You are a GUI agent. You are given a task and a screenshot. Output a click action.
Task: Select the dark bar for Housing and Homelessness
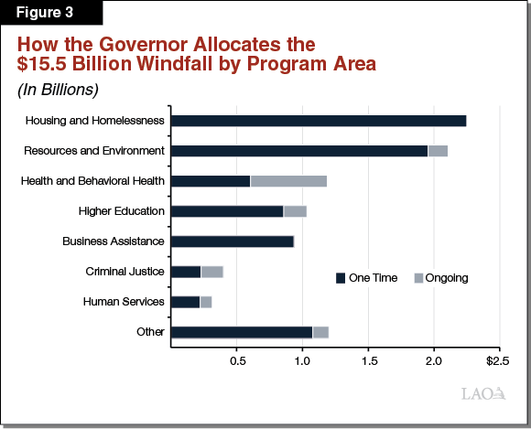point(318,121)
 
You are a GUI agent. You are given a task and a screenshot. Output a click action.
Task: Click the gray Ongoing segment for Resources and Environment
point(438,151)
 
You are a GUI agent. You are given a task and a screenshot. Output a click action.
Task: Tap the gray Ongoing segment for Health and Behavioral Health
point(288,181)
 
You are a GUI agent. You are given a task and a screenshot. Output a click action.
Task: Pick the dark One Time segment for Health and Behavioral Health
point(211,181)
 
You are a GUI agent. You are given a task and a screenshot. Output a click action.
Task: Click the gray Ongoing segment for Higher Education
point(295,211)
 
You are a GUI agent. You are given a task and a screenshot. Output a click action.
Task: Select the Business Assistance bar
point(233,241)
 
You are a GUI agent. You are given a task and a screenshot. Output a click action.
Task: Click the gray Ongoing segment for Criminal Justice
point(211,272)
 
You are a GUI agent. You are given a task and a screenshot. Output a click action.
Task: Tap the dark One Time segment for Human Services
point(185,302)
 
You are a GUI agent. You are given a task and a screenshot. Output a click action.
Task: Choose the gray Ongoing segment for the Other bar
point(320,332)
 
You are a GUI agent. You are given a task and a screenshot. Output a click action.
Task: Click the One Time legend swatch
point(341,278)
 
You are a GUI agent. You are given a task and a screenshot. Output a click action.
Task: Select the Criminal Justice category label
point(125,272)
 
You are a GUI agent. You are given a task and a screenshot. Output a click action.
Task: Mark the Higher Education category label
point(121,211)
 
